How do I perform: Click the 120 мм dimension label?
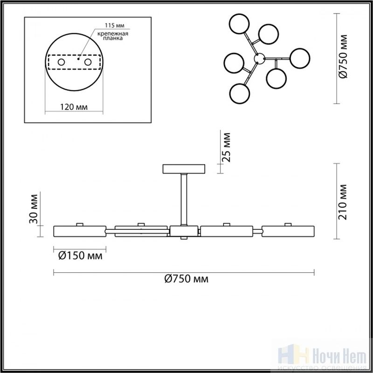pos(74,107)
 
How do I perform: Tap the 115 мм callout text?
pos(115,25)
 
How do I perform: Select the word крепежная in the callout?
pos(113,34)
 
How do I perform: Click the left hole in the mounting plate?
pos(61,62)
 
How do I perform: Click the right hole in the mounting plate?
pos(88,62)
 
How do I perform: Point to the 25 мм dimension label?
pos(226,147)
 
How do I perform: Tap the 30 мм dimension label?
pos(34,209)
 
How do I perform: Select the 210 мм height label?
pos(343,202)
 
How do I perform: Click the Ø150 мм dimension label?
pos(80,256)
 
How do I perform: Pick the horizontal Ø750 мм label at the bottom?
pos(186,278)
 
